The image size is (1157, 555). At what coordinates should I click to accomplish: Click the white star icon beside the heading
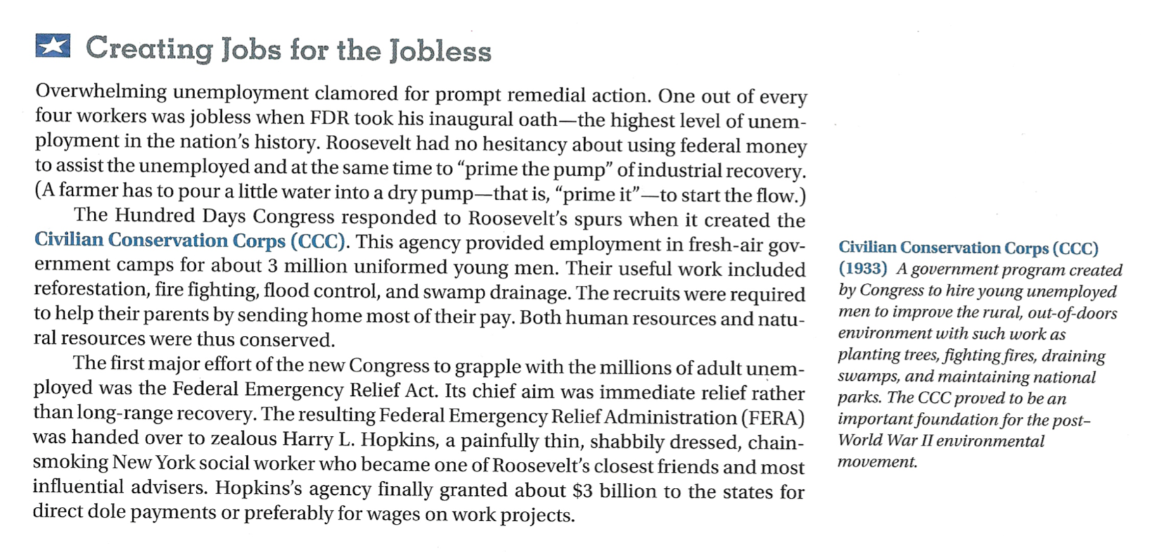click(x=53, y=46)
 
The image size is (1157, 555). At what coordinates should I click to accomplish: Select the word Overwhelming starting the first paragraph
click(x=101, y=92)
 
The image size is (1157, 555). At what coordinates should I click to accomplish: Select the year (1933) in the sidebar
click(x=862, y=269)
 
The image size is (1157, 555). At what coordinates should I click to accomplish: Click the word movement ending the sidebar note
click(x=877, y=462)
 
